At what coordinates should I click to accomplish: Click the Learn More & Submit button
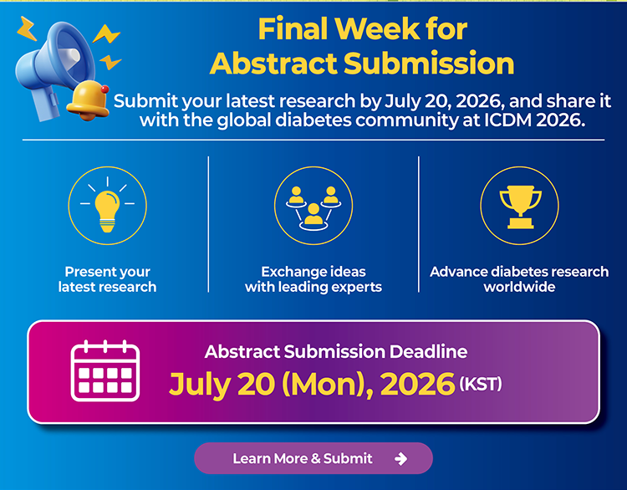pyautogui.click(x=313, y=458)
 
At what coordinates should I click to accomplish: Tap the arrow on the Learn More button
pyautogui.click(x=400, y=459)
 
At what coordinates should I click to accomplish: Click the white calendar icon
pyautogui.click(x=105, y=370)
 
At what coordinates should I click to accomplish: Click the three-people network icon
pyautogui.click(x=313, y=208)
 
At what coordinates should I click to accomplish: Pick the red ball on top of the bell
pyautogui.click(x=104, y=89)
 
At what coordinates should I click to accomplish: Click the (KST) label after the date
pyautogui.click(x=480, y=384)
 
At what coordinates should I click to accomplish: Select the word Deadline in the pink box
pyautogui.click(x=428, y=351)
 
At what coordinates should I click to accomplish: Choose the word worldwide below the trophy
pyautogui.click(x=519, y=287)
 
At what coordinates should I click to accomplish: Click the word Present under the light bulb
pyautogui.click(x=89, y=272)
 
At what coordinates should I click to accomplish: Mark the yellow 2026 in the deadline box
pyautogui.click(x=418, y=384)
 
